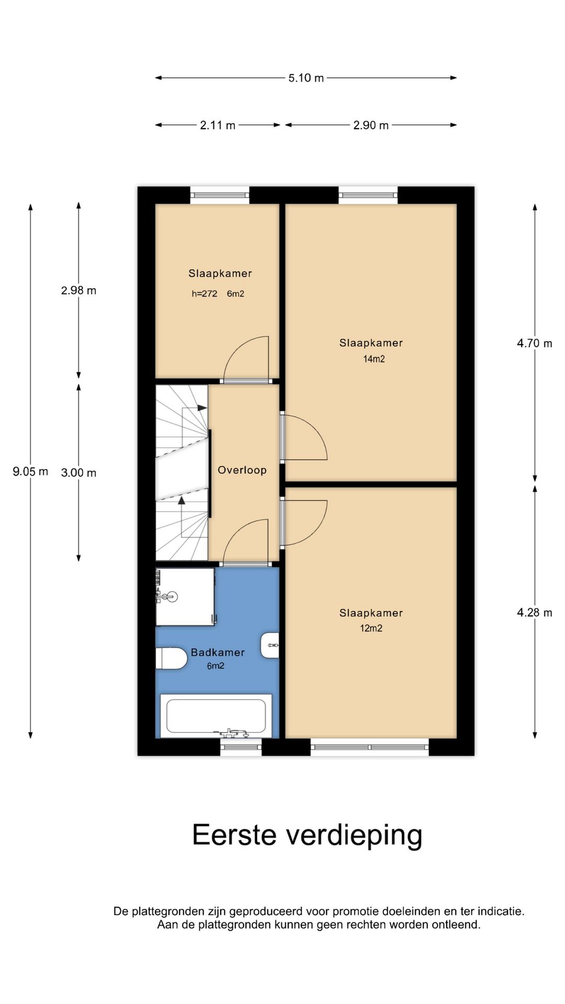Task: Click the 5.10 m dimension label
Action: [306, 78]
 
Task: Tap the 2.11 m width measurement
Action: [218, 125]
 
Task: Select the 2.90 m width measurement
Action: [370, 125]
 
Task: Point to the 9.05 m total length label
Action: [30, 471]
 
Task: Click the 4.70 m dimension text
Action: [534, 343]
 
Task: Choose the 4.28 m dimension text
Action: [534, 612]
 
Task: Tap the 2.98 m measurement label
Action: [78, 290]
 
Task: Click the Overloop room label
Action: [242, 470]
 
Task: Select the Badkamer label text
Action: [218, 652]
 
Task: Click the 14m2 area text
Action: [374, 359]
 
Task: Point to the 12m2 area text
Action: [371, 628]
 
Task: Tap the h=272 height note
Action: [204, 294]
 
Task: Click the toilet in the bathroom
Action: [171, 658]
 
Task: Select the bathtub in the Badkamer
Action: [216, 716]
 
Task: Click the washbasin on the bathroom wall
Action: [270, 645]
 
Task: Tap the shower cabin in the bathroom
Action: [185, 597]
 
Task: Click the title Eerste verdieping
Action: [307, 835]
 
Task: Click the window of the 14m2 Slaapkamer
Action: [368, 196]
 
